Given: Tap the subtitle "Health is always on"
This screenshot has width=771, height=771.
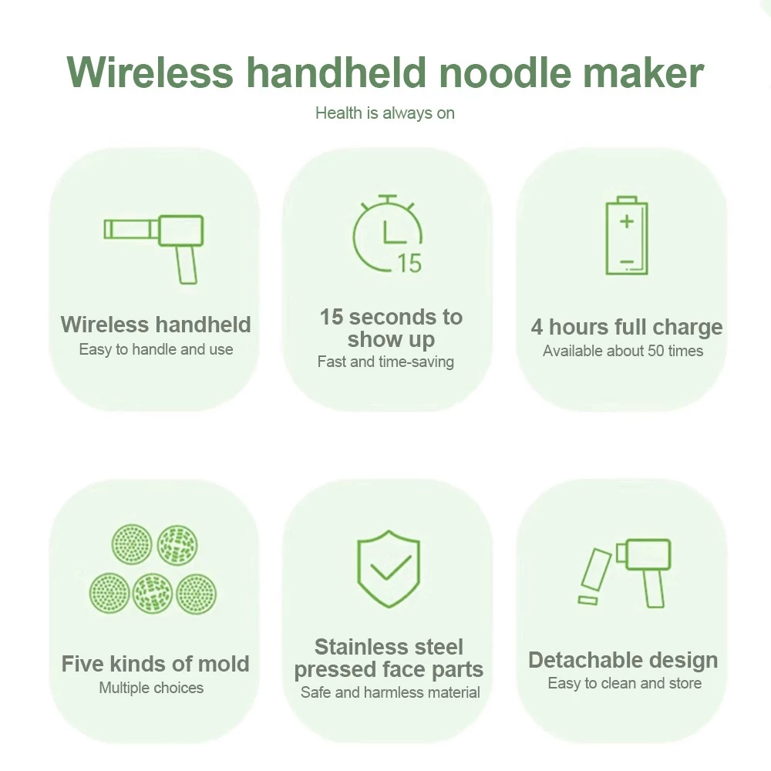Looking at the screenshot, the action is click(x=385, y=113).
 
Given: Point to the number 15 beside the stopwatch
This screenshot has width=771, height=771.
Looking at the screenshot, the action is click(x=409, y=263).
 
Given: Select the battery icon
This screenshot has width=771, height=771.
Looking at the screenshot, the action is click(x=626, y=235).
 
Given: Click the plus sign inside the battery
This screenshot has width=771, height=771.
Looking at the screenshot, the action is click(x=626, y=221).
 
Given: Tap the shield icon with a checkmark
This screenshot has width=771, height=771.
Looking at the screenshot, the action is click(x=389, y=569).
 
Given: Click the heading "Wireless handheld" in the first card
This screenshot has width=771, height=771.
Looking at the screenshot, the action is click(x=156, y=325).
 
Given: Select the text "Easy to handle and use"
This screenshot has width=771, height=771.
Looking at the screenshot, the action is click(x=156, y=349).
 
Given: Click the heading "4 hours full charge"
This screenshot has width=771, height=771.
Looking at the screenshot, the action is click(x=626, y=327).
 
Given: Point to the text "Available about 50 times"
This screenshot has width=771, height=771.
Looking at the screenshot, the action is click(x=623, y=351).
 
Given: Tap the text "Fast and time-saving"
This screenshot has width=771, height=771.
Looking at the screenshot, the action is click(x=385, y=362).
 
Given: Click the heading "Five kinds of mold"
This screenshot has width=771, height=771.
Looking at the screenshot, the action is click(x=156, y=664).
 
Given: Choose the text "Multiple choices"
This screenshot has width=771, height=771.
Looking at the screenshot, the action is click(x=151, y=688).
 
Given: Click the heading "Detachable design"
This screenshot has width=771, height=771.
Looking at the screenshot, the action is click(x=623, y=661).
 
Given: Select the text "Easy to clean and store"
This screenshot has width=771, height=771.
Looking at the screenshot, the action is click(x=625, y=683).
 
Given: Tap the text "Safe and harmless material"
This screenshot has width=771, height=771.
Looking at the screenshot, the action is click(x=390, y=692).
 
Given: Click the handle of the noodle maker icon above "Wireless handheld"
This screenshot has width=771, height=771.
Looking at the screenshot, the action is click(x=187, y=264).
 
